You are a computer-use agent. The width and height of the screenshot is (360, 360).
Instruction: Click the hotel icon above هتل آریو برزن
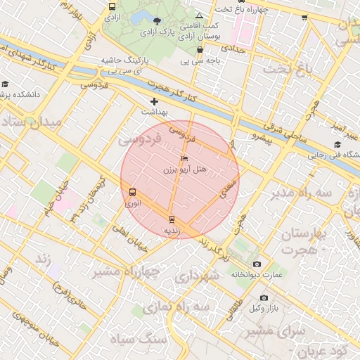184,159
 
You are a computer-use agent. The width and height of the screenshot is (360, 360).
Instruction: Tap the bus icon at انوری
133,192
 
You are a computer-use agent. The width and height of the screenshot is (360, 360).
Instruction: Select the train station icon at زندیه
172,219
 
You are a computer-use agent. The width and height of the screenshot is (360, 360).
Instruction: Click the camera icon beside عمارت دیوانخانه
256,264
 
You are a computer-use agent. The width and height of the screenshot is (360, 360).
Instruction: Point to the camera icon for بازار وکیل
264,297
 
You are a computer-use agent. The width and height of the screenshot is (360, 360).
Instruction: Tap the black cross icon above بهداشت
154,102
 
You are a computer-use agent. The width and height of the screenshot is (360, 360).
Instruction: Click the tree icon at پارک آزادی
156,22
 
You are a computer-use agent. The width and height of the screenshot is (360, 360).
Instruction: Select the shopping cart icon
304,18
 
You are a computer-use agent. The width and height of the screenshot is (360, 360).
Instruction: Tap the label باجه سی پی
199,60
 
